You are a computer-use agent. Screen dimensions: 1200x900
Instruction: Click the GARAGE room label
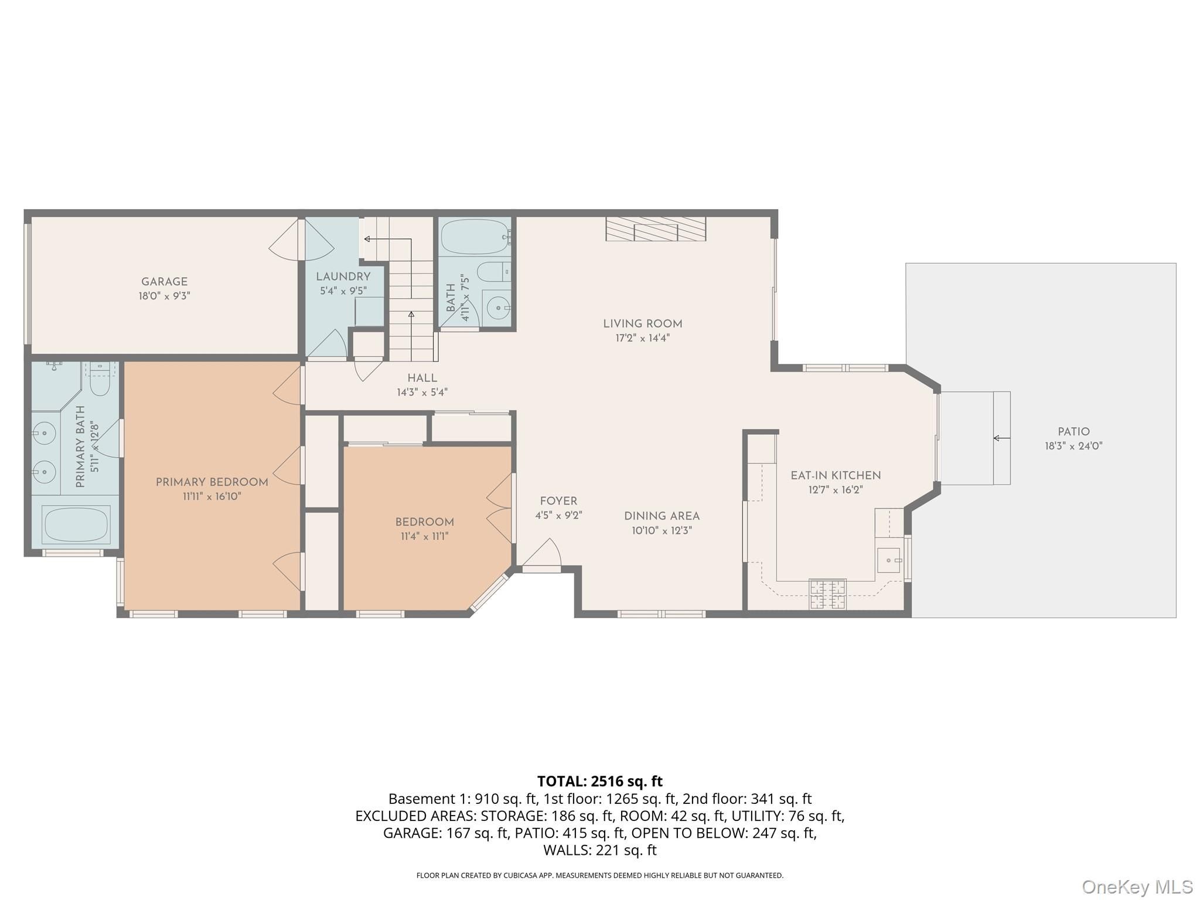164,282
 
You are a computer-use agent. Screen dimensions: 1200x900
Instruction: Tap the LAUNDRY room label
343,277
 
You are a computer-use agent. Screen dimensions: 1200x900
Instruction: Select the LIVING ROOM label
643,323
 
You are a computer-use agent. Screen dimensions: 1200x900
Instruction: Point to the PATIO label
1073,432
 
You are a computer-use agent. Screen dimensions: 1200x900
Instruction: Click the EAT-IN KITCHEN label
836,476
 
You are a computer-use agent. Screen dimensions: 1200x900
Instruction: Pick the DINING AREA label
662,516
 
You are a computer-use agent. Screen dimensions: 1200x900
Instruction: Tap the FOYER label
558,501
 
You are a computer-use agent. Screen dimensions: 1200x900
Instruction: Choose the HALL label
422,379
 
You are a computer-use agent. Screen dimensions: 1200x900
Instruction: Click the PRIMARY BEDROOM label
212,482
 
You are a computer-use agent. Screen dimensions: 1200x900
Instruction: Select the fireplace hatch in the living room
656,229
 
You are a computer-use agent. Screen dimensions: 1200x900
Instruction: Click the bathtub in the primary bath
76,525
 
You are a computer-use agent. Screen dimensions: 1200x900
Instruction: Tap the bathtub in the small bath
476,237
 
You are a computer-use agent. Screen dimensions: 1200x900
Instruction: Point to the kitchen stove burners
828,594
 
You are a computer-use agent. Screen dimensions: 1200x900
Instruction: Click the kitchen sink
889,560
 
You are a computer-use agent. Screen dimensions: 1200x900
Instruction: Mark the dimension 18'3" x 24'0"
1073,446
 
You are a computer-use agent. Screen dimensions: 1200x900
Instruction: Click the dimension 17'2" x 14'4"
643,338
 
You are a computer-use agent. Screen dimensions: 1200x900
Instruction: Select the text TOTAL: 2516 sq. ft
600,781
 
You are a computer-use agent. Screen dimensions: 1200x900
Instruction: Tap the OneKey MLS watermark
1137,887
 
